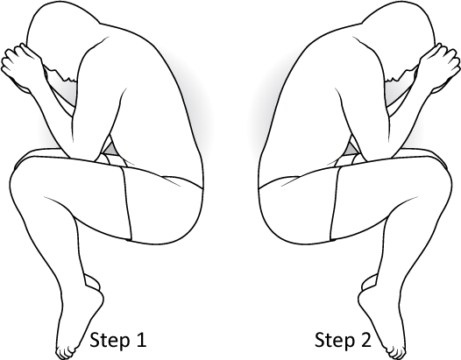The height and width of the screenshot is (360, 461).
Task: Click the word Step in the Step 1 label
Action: pos(110,341)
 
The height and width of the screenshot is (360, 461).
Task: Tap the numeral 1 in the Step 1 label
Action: pos(141,340)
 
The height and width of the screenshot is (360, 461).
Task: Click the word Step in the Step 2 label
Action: pos(335,341)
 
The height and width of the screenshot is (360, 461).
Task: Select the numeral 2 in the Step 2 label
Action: pos(366,340)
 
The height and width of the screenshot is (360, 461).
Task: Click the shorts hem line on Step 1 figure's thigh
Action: pos(127,203)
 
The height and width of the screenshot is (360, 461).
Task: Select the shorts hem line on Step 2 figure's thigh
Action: pos(334,203)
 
